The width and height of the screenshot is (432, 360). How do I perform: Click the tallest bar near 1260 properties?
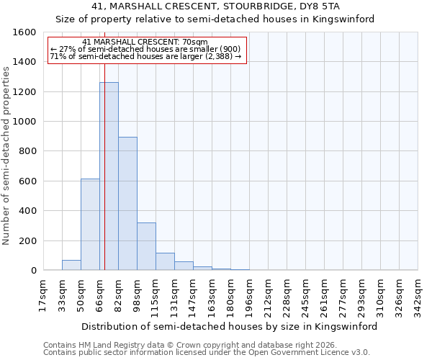[x=109, y=176]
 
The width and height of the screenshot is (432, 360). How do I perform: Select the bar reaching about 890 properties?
[x=127, y=204]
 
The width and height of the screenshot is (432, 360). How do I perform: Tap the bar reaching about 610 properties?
[x=90, y=225]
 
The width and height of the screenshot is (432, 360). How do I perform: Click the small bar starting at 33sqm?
[x=71, y=265]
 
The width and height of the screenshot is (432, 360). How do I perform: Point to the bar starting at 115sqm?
[x=165, y=261]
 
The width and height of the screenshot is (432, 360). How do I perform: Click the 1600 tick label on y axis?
[x=24, y=32]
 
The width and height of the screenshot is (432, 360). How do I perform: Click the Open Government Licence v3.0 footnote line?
[x=207, y=353]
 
